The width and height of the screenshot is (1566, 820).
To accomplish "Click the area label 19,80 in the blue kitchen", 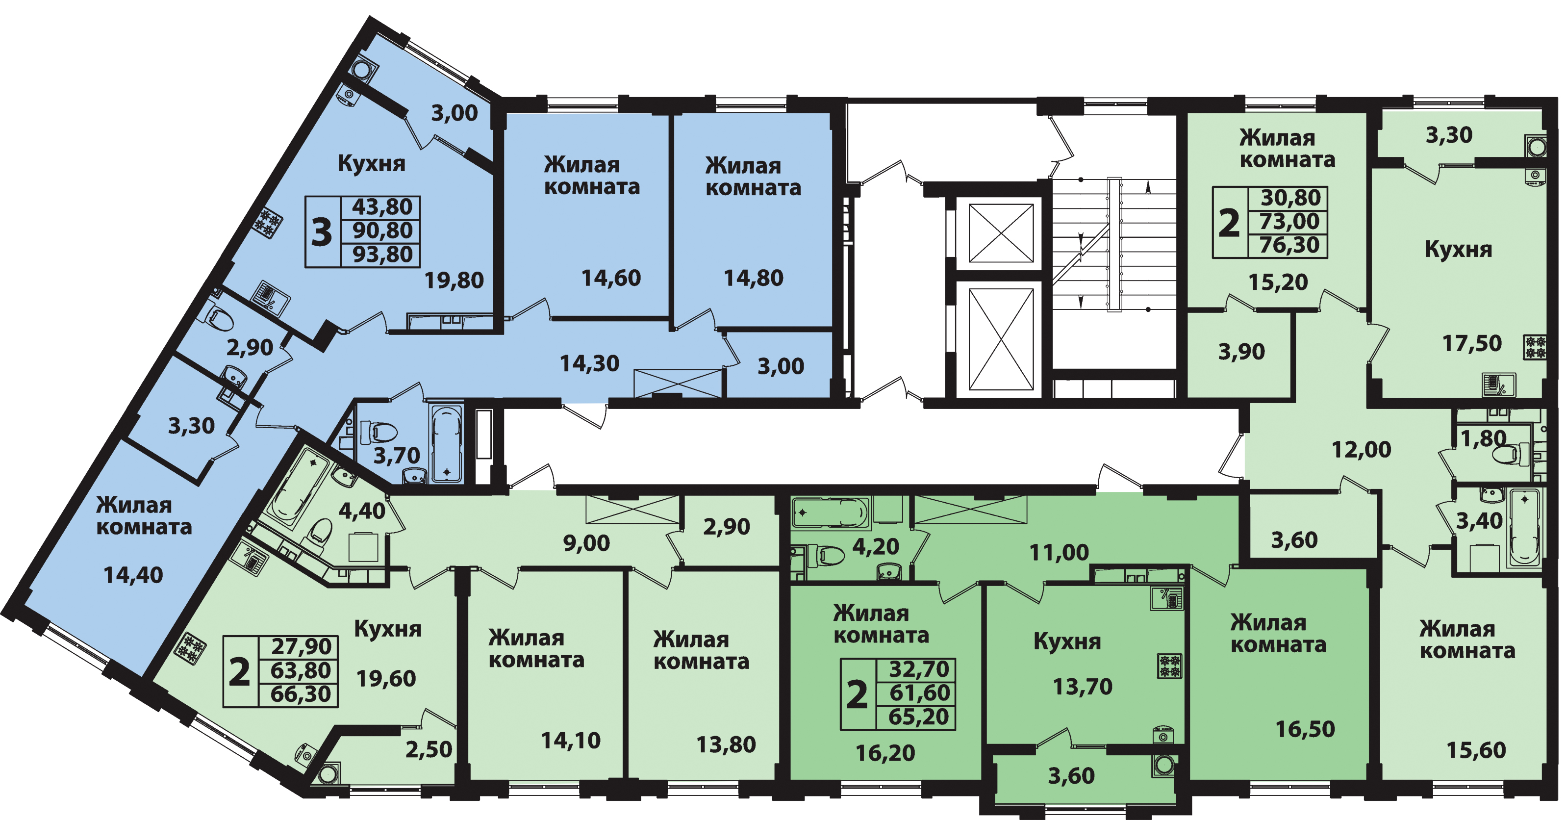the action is click(454, 281).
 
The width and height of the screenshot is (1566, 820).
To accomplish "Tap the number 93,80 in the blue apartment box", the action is click(382, 254).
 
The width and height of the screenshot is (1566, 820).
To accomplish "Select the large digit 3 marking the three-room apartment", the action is click(322, 232).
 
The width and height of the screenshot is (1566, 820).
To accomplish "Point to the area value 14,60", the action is click(611, 278).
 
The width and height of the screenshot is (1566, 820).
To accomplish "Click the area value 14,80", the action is click(753, 278).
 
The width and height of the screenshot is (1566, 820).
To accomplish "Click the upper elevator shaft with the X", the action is click(1001, 233).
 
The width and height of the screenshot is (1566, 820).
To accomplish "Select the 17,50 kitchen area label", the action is click(1472, 344).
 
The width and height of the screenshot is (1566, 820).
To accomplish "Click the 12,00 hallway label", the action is click(1361, 450).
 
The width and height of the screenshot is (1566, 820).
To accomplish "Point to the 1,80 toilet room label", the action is click(1483, 438).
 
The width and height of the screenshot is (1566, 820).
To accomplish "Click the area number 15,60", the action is click(1476, 750).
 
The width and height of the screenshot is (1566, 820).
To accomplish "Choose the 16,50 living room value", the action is click(1305, 729).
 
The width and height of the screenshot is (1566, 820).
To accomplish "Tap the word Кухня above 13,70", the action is click(1067, 642).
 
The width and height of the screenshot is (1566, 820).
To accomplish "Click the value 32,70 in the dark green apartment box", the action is click(919, 669).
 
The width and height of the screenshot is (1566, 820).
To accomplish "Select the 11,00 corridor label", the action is click(1059, 552).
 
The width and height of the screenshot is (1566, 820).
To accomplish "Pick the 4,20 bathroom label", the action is click(875, 546).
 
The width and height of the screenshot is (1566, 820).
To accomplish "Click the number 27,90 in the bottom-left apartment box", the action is click(301, 646).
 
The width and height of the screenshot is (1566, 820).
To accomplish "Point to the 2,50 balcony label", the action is click(429, 749).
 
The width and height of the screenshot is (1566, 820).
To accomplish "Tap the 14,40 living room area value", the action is click(133, 575).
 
